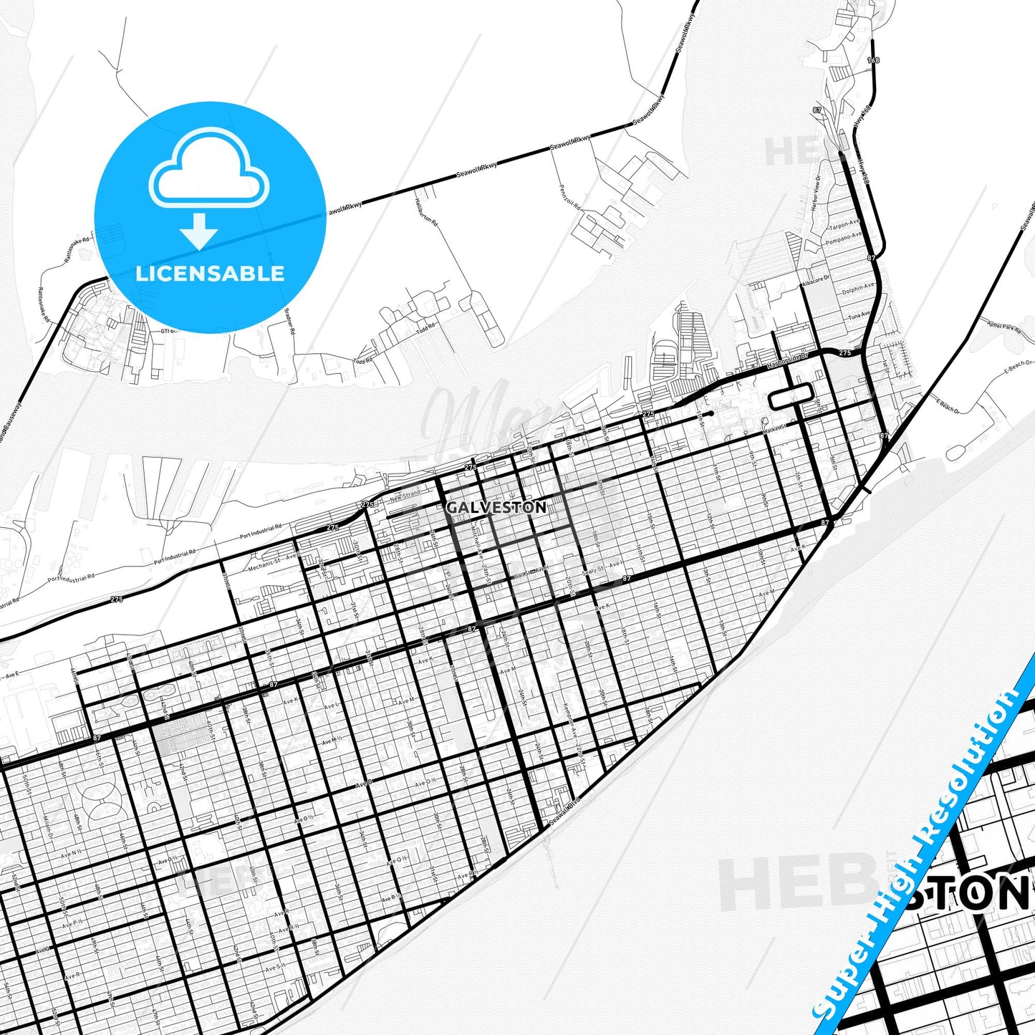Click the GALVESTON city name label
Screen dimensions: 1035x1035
(x=496, y=507)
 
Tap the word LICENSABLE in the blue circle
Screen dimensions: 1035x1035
(x=210, y=273)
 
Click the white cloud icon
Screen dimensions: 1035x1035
(x=208, y=170)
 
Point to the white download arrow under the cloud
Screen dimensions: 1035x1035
(x=199, y=231)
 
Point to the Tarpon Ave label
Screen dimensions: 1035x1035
(x=843, y=224)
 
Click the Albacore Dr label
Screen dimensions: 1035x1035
(x=815, y=279)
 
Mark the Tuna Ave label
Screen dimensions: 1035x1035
(x=859, y=314)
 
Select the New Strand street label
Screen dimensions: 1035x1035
(x=405, y=496)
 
